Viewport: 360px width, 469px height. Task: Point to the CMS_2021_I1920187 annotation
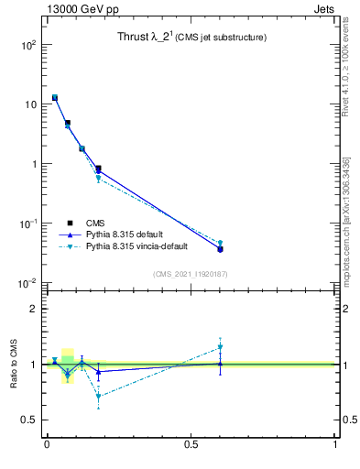click(191, 274)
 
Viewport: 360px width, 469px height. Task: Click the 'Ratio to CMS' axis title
click(14, 363)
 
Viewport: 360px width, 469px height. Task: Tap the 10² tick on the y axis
click(28, 45)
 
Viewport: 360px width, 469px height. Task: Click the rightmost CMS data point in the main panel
click(220, 249)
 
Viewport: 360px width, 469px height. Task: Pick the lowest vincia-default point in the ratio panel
click(98, 397)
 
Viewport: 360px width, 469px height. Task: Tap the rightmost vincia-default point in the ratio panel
click(220, 347)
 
